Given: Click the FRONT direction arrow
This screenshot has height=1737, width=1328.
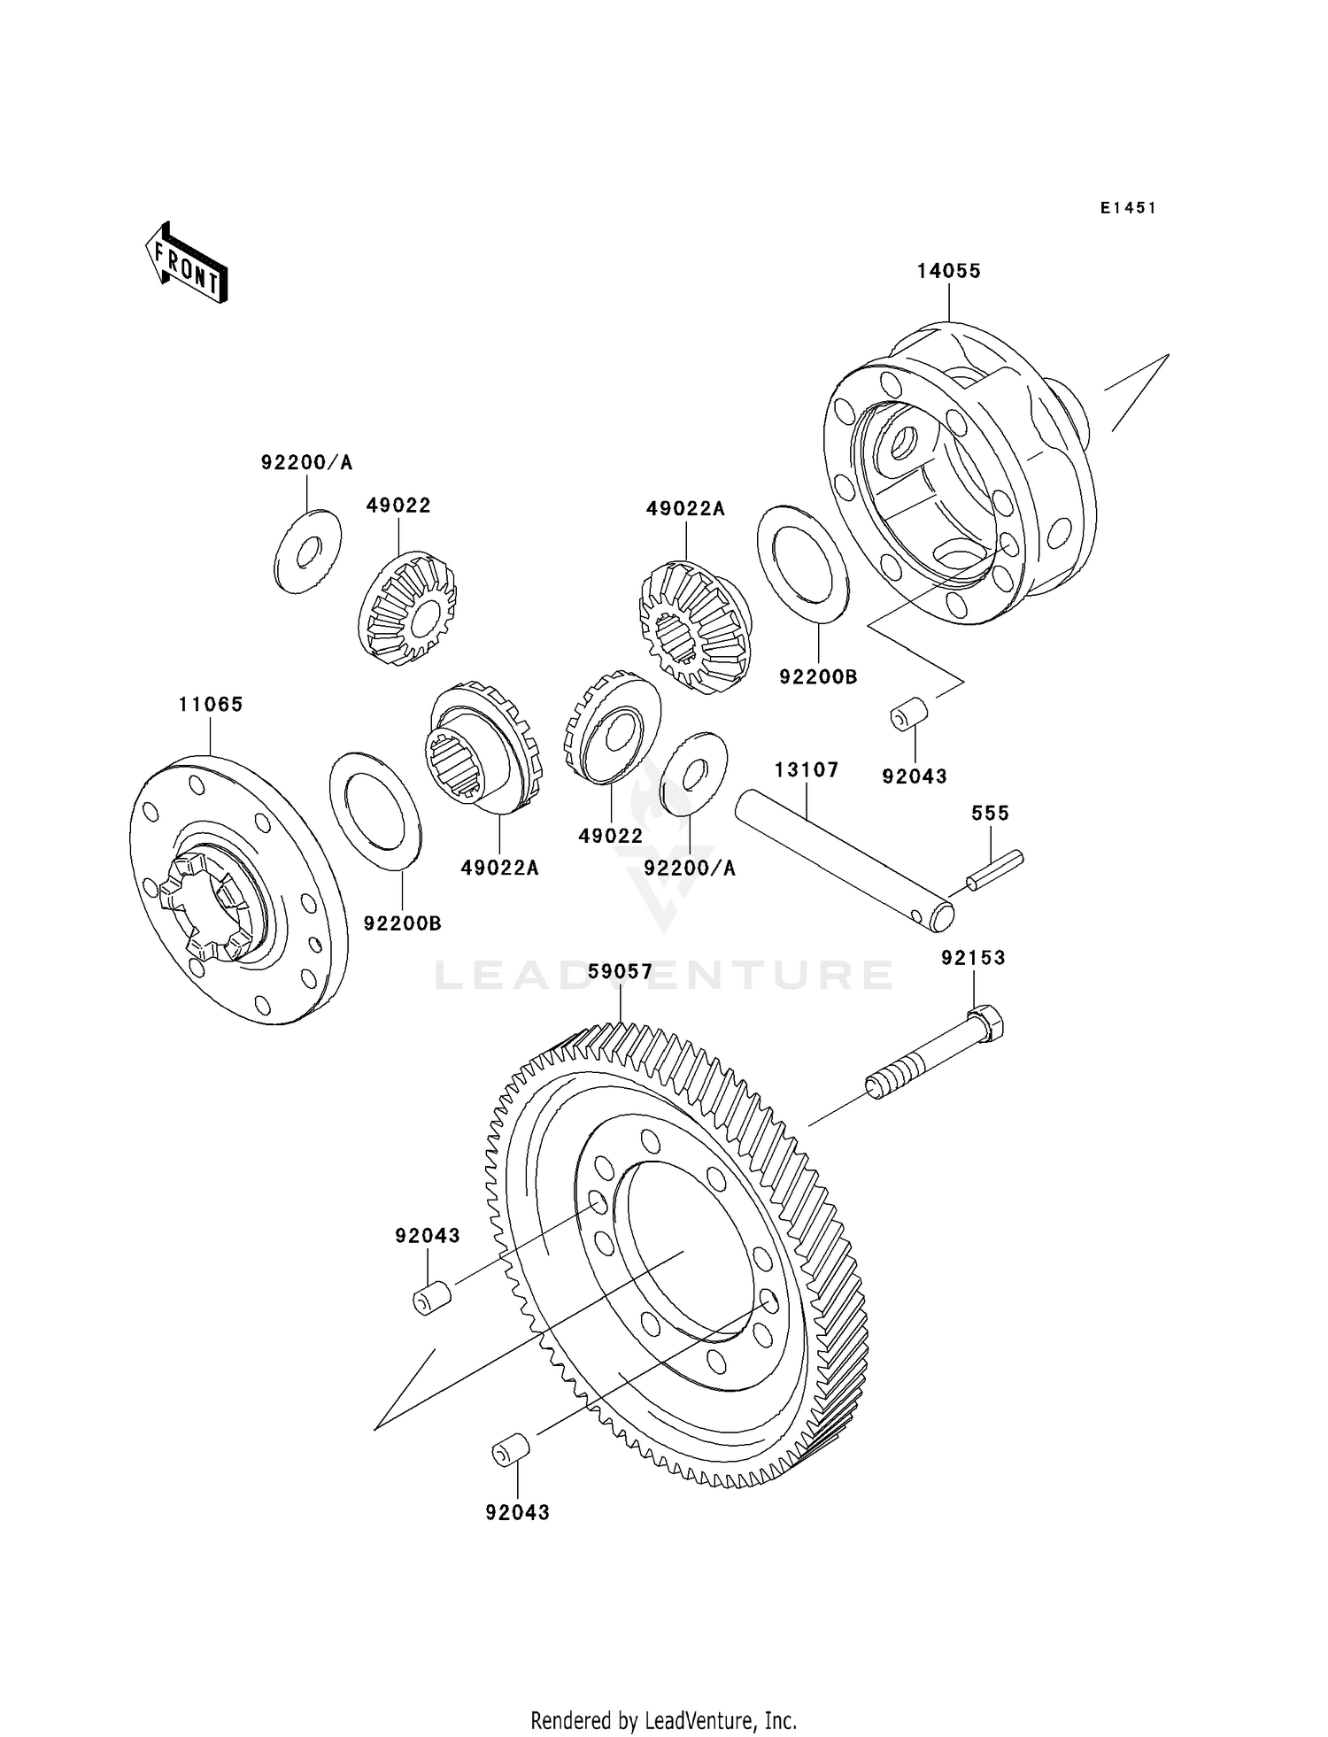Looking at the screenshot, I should click(x=187, y=266).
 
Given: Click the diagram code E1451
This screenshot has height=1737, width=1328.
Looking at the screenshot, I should click(x=1128, y=208).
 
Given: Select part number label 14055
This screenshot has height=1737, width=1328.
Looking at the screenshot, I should click(x=948, y=271).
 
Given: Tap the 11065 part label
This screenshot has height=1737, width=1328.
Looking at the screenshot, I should click(x=210, y=705).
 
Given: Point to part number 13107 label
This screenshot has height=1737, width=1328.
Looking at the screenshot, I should click(x=806, y=770).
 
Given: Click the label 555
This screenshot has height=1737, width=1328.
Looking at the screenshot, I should click(x=990, y=813).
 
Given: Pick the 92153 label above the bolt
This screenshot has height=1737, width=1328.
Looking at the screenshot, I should click(x=973, y=958).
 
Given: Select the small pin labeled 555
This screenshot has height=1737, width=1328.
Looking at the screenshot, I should click(x=994, y=870).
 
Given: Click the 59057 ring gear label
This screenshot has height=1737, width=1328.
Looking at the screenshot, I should click(x=620, y=972).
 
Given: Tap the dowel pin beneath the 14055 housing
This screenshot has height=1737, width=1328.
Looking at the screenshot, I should click(x=908, y=714).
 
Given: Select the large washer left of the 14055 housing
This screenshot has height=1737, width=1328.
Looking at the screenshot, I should click(x=803, y=564).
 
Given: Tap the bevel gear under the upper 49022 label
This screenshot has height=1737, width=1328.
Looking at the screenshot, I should click(x=407, y=608).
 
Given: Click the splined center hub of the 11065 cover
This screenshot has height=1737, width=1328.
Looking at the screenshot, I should click(x=211, y=906).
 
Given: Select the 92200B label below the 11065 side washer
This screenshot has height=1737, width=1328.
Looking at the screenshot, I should click(x=402, y=923).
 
